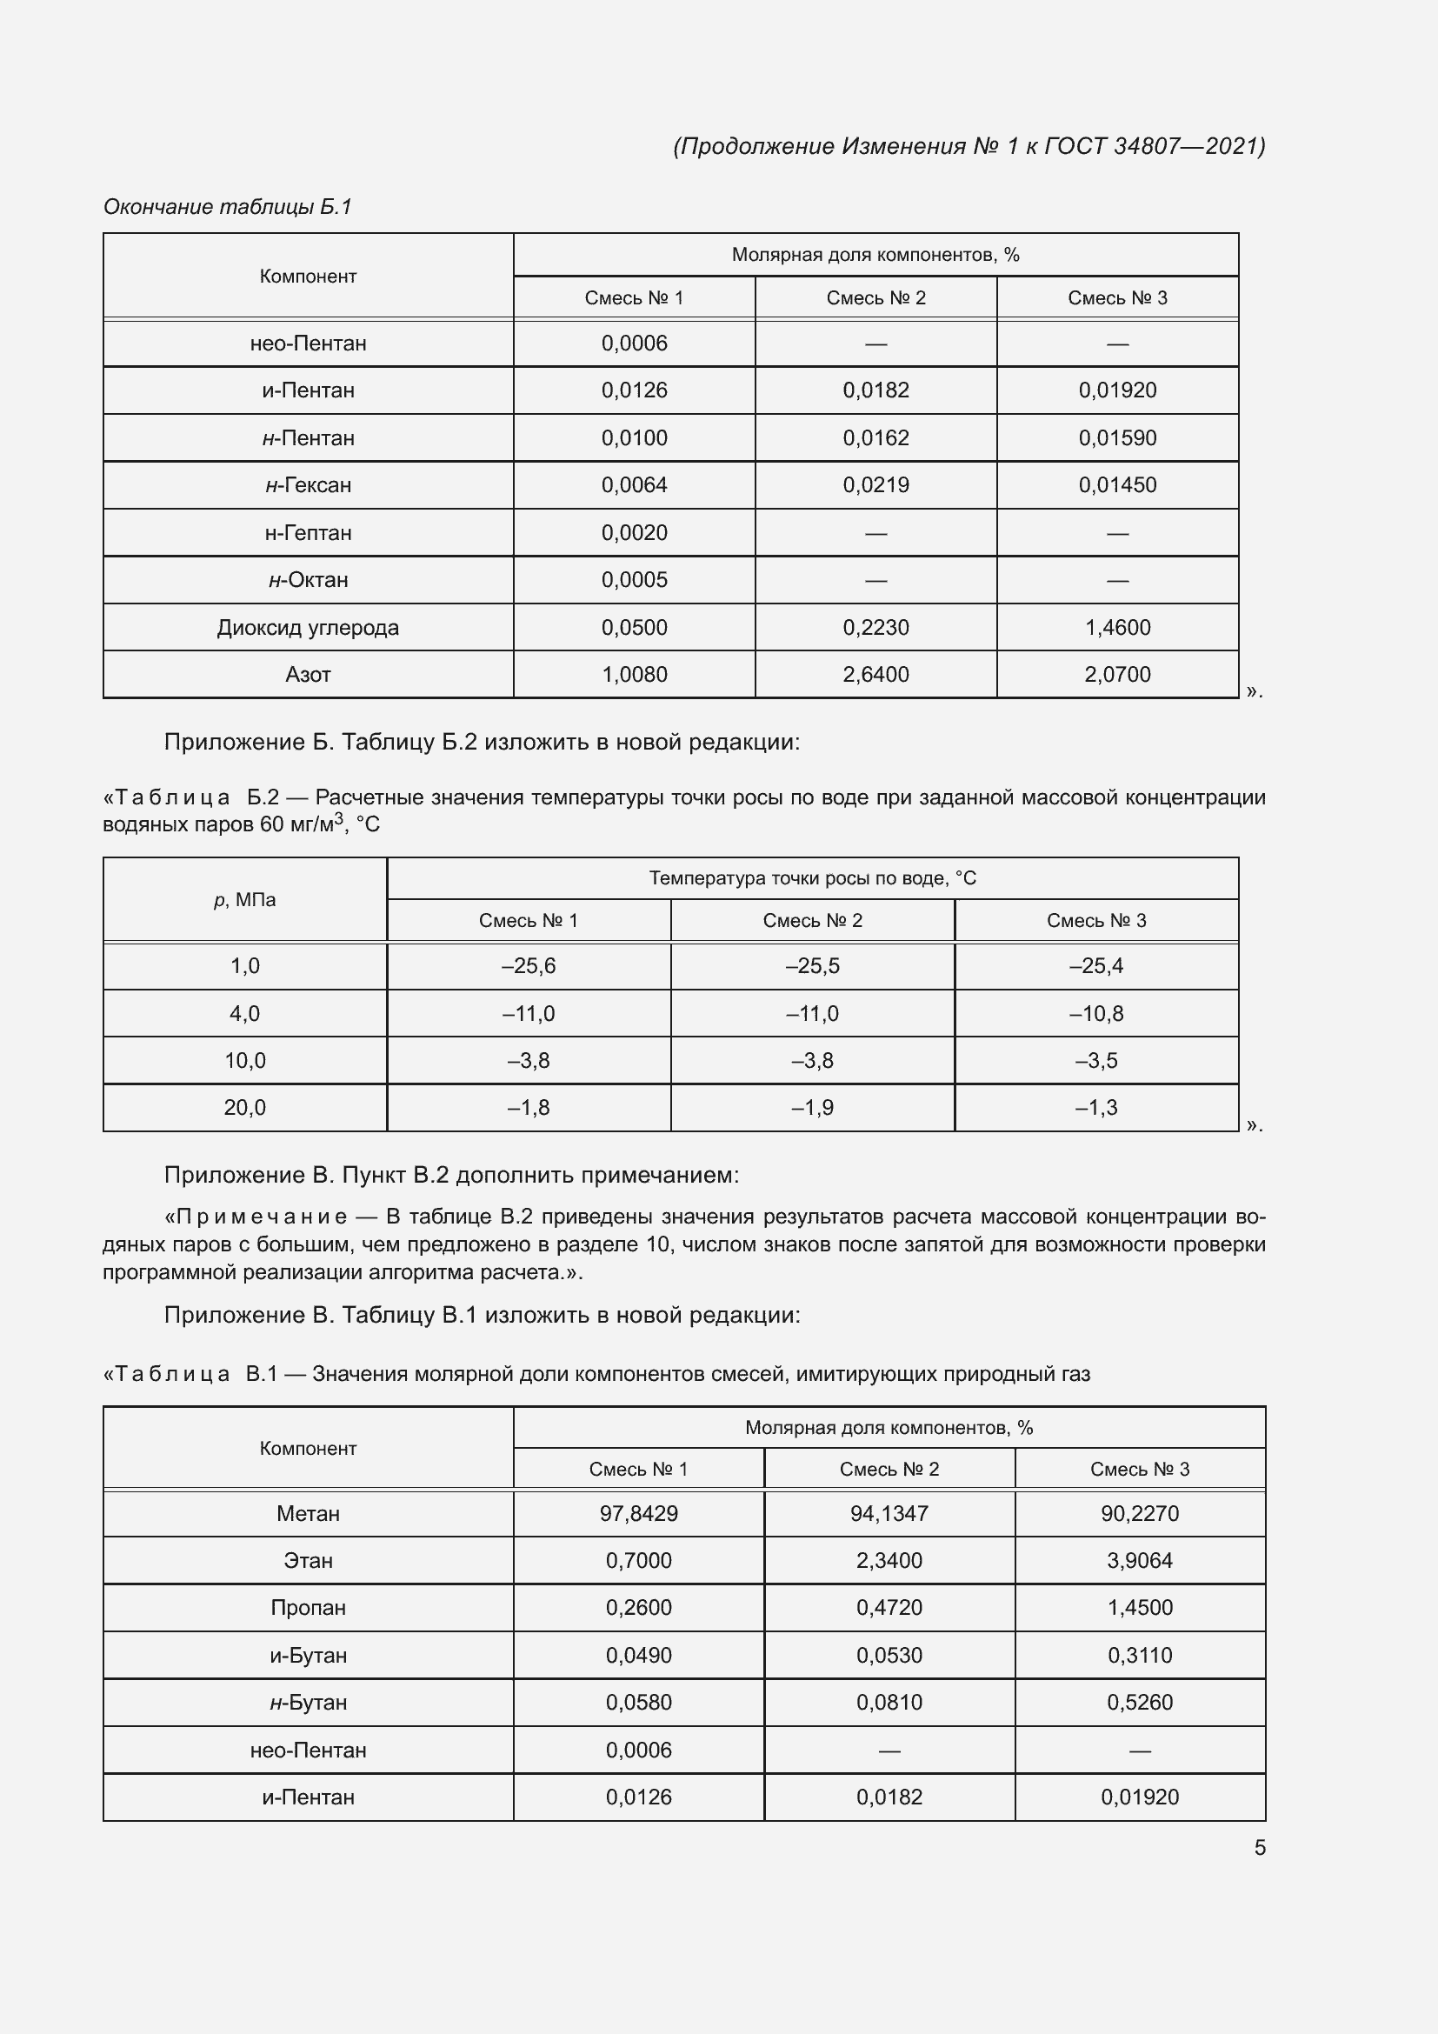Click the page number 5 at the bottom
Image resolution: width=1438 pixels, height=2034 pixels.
pyautogui.click(x=1259, y=1847)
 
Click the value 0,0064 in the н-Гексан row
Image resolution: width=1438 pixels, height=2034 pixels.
pyautogui.click(x=634, y=484)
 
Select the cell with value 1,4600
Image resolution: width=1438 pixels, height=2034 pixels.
pyautogui.click(x=1117, y=627)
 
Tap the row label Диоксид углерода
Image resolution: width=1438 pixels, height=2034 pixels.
pyautogui.click(x=308, y=627)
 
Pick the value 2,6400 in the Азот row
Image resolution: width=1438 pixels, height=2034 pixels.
pyautogui.click(x=875, y=674)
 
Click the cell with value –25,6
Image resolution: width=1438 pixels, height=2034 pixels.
pyautogui.click(x=529, y=965)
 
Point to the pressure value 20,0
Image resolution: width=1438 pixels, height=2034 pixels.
pyautogui.click(x=244, y=1107)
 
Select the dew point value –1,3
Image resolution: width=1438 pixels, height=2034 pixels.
pyautogui.click(x=1096, y=1107)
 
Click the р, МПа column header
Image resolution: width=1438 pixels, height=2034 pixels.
pyautogui.click(x=244, y=900)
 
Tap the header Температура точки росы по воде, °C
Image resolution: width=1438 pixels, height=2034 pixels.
pyautogui.click(x=812, y=878)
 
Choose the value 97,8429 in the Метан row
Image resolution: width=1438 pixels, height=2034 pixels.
pyautogui.click(x=638, y=1513)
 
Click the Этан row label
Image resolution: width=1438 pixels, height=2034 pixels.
pyautogui.click(x=308, y=1560)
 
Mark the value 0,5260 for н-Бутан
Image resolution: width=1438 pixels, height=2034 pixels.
pyautogui.click(x=1140, y=1702)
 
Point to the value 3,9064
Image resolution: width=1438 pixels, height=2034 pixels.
pyautogui.click(x=1140, y=1560)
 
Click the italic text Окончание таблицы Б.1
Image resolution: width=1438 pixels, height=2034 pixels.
pyautogui.click(x=228, y=206)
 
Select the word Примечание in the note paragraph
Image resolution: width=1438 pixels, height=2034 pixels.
pyautogui.click(x=262, y=1217)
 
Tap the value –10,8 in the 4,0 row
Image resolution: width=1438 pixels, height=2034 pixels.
pyautogui.click(x=1096, y=1013)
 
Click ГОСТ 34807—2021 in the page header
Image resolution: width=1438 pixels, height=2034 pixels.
pyautogui.click(x=1155, y=146)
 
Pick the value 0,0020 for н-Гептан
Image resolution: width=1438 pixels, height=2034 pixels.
pyautogui.click(x=634, y=532)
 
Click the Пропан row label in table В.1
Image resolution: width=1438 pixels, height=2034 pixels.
pyautogui.click(x=308, y=1607)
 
